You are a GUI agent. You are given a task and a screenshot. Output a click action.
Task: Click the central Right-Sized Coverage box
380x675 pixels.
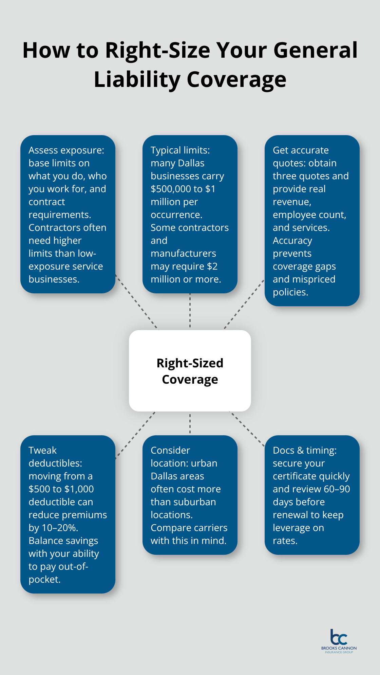point(190,371)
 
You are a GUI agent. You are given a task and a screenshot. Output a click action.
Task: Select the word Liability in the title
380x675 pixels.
point(137,80)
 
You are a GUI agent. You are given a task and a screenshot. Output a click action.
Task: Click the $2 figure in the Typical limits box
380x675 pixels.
point(212,267)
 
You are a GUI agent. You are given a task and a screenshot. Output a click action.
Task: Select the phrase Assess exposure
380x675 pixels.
point(66,150)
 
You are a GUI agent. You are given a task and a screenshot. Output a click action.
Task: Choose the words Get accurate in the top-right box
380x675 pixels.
point(301,150)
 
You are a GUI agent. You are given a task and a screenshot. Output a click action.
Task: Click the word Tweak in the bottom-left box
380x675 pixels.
point(42,451)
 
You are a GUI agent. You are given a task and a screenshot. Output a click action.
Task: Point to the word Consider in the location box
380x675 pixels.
point(170,451)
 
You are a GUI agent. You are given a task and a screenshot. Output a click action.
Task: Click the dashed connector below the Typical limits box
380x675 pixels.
point(190,311)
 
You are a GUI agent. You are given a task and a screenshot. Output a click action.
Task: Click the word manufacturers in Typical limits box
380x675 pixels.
point(183,254)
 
